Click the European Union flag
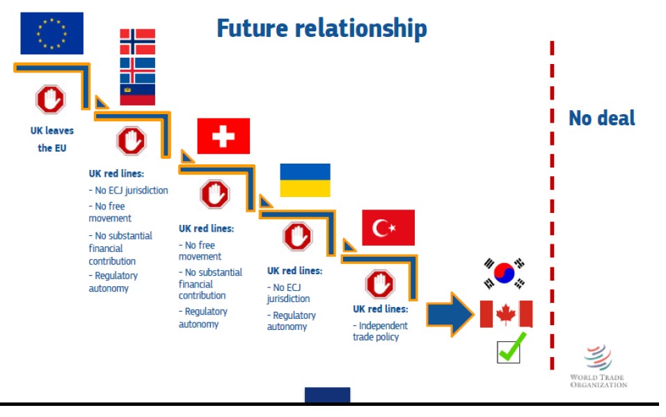coord(51,33)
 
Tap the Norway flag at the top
coord(137,42)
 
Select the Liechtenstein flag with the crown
coord(137,95)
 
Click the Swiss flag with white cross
coord(223,136)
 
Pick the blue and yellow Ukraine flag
coord(305,180)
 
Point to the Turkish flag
coord(388,228)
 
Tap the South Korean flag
coord(505,273)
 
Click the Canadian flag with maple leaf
coord(507,314)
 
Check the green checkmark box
coord(509,349)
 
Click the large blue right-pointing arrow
coord(450,315)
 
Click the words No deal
coord(602,118)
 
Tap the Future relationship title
coord(322,29)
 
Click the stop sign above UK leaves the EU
coord(51,100)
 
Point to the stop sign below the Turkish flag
coord(380,284)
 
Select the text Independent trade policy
coord(380,331)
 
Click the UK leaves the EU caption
coord(51,139)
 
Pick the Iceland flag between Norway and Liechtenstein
coord(137,70)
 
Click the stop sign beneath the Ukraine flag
coord(298,236)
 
